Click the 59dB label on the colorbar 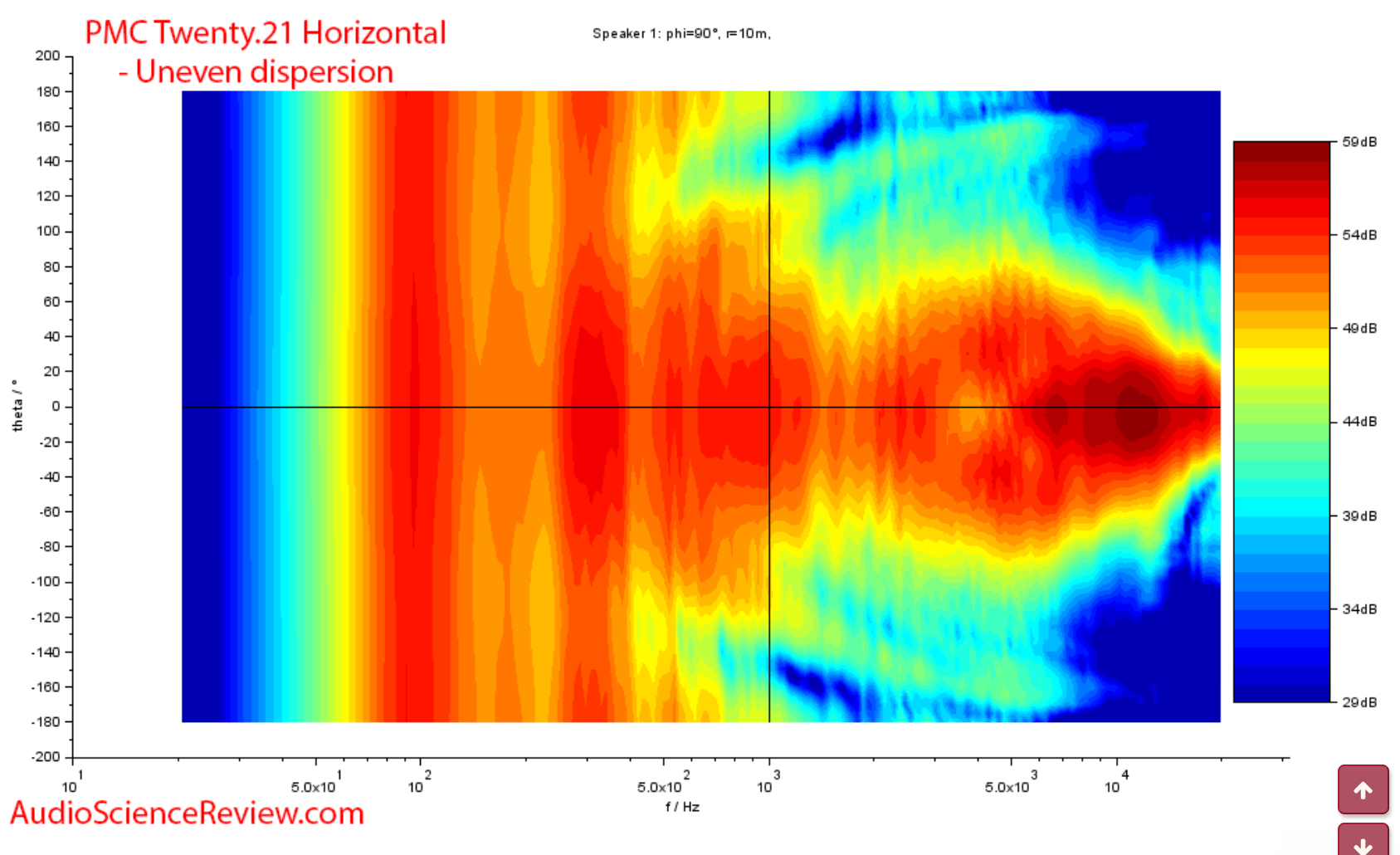click(1359, 142)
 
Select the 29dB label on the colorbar click(1359, 702)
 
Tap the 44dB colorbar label click(1359, 422)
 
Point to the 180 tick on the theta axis click(48, 91)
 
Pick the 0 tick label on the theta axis click(56, 407)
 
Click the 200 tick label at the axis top click(47, 56)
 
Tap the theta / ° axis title click(17, 406)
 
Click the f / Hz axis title click(682, 807)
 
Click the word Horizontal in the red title click(373, 33)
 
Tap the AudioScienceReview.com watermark click(188, 813)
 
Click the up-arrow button click(1363, 790)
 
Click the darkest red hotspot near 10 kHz click(1135, 413)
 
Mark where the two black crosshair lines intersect click(769, 407)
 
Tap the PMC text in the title click(116, 33)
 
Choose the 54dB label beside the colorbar click(1359, 235)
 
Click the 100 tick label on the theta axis click(48, 231)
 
